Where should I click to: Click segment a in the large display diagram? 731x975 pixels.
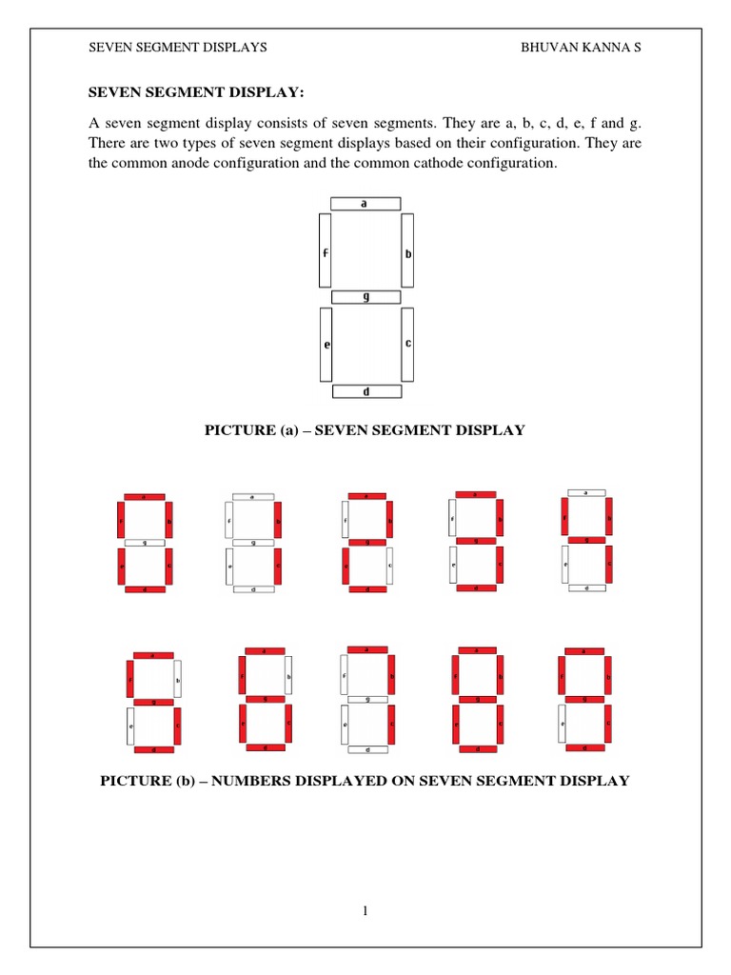click(365, 203)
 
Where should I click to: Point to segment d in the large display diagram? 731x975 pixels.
click(366, 391)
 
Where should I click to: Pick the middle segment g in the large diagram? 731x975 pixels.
click(366, 297)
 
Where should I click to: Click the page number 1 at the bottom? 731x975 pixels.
click(365, 911)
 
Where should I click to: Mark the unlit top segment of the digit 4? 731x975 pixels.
click(585, 492)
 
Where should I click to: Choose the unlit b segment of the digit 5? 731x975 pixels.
click(176, 680)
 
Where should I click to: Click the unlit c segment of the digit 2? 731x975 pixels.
click(389, 567)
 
